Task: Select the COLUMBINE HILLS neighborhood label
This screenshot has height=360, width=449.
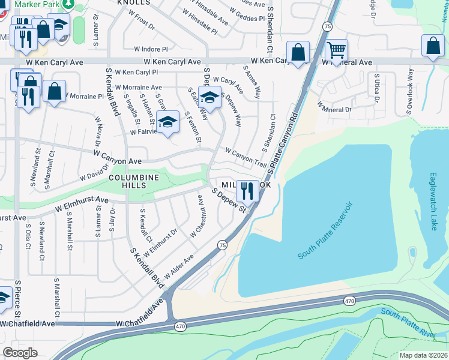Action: pos(134,182)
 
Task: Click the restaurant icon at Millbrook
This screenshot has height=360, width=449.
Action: pos(247,191)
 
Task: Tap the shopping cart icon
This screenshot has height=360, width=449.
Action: pos(336,52)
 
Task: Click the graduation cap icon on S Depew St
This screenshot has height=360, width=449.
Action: pos(210,97)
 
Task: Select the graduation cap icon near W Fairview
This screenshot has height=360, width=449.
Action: pos(168,121)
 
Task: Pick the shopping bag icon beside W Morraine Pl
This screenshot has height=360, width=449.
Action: pos(54,92)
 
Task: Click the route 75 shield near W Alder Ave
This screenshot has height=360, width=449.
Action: pos(222,245)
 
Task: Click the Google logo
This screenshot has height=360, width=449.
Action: pos(20,352)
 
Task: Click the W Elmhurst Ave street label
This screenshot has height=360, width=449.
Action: pos(82,205)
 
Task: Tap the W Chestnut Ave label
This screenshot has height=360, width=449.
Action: pos(199,223)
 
